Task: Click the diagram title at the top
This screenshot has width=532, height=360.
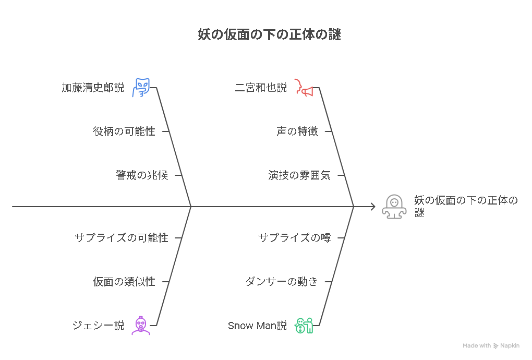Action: pyautogui.click(x=270, y=34)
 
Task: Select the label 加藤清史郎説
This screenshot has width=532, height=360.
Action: pyautogui.click(x=93, y=88)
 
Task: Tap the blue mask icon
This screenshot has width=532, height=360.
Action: pyautogui.click(x=141, y=88)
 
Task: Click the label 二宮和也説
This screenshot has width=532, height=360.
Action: pyautogui.click(x=261, y=88)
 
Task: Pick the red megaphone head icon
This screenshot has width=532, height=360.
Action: pyautogui.click(x=304, y=88)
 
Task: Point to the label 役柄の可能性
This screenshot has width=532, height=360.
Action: pyautogui.click(x=124, y=131)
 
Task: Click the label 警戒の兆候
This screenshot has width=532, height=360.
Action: pyautogui.click(x=142, y=175)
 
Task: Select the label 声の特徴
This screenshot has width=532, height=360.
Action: pyautogui.click(x=297, y=131)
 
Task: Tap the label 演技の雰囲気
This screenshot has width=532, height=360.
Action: pyautogui.click(x=299, y=175)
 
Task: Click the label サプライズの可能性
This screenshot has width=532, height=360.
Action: pyautogui.click(x=122, y=238)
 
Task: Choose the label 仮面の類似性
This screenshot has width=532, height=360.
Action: pyautogui.click(x=124, y=282)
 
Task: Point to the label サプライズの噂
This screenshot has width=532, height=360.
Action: pyautogui.click(x=295, y=238)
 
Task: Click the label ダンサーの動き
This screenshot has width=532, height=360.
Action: pyautogui.click(x=282, y=282)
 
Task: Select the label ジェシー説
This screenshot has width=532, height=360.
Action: pyautogui.click(x=98, y=326)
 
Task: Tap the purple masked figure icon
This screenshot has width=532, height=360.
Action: pyautogui.click(x=141, y=326)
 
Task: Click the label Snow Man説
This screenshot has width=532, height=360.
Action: pyautogui.click(x=257, y=326)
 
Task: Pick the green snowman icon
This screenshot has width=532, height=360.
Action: pyautogui.click(x=304, y=326)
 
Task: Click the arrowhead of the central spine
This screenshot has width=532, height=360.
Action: pyautogui.click(x=373, y=206)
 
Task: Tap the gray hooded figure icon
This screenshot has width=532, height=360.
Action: pyautogui.click(x=394, y=206)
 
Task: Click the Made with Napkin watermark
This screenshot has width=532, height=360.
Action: pyautogui.click(x=491, y=345)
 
